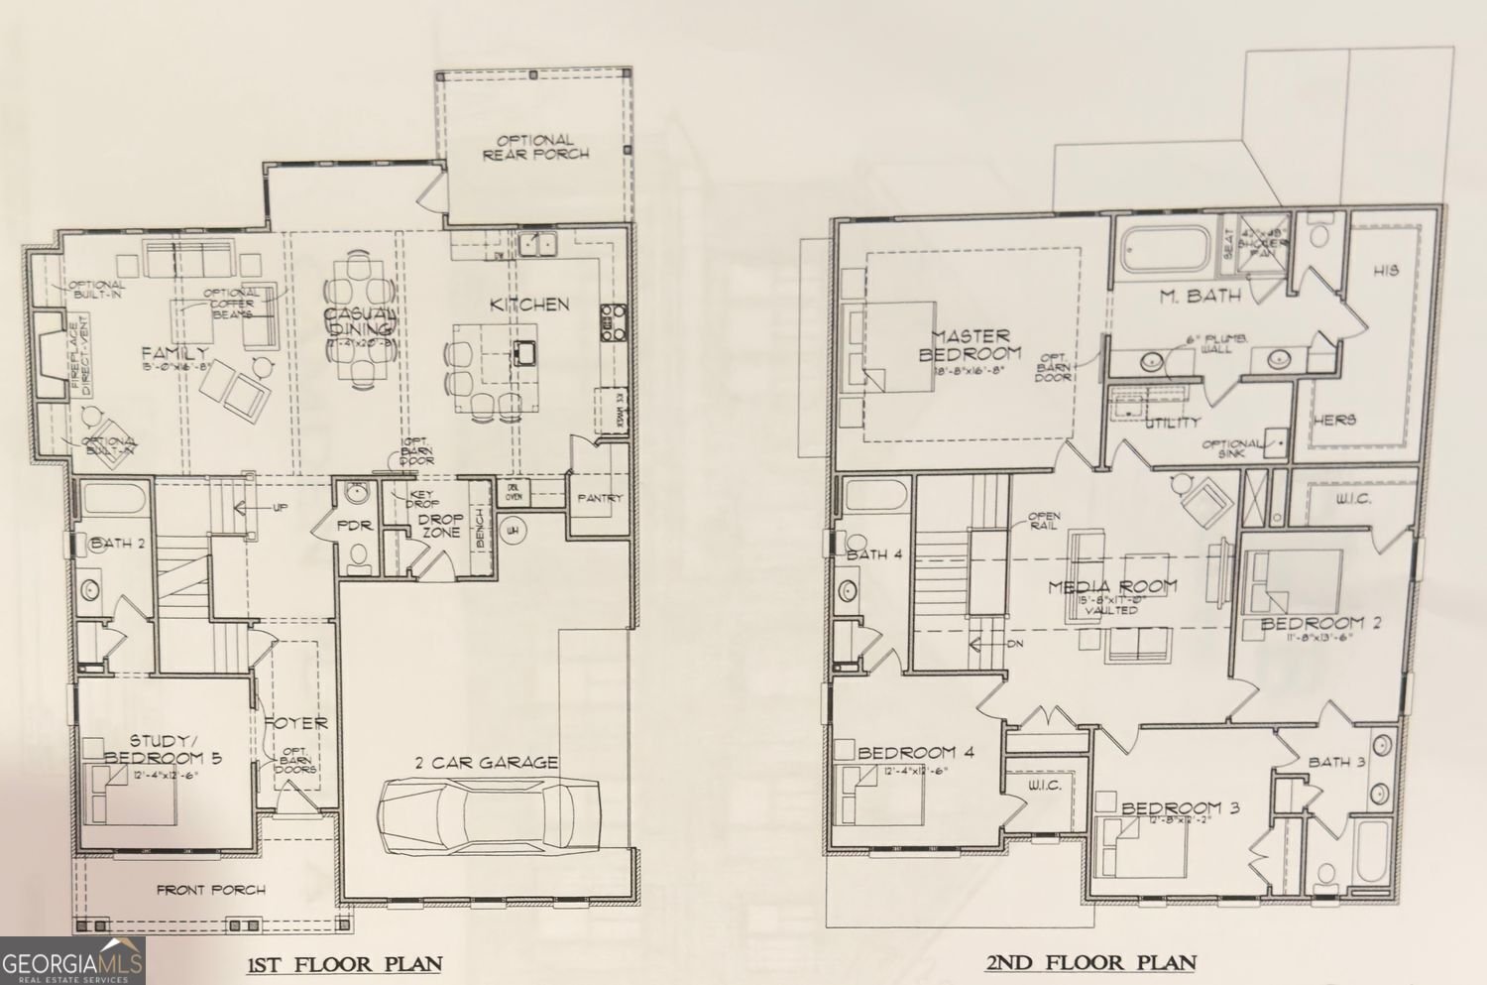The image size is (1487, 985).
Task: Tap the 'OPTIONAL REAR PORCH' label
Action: pos(535,147)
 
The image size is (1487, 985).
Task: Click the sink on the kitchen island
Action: pos(524,350)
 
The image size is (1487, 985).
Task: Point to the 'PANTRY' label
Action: pos(599,498)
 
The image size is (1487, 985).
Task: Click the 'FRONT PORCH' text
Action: pos(211,890)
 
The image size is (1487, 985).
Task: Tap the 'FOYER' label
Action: pos(295,723)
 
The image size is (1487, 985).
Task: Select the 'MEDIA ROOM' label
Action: pos(1113,586)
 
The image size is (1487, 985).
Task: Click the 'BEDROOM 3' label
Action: pos(1180,807)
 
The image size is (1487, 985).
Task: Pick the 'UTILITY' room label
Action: pos(1173,424)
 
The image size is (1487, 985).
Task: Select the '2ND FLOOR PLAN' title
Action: pos(1090,961)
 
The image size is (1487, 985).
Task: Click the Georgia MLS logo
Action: pos(72,961)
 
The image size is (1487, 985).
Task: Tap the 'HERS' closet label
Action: pos(1334,421)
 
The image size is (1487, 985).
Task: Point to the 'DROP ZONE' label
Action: pos(440,525)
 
